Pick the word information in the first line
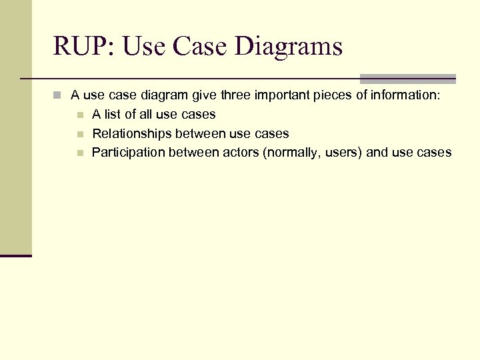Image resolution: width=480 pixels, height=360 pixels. coord(406,95)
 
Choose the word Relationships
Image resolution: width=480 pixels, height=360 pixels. coord(131,133)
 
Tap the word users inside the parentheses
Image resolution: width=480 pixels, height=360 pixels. coord(342,153)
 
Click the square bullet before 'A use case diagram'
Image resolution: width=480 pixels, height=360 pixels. coord(59,96)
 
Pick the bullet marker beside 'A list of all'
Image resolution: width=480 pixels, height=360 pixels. coord(79,115)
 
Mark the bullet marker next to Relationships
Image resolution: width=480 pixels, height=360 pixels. coord(79,134)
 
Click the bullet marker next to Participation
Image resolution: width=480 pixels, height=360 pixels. coord(79,153)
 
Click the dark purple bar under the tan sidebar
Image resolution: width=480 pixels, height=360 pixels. coord(16,255)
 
